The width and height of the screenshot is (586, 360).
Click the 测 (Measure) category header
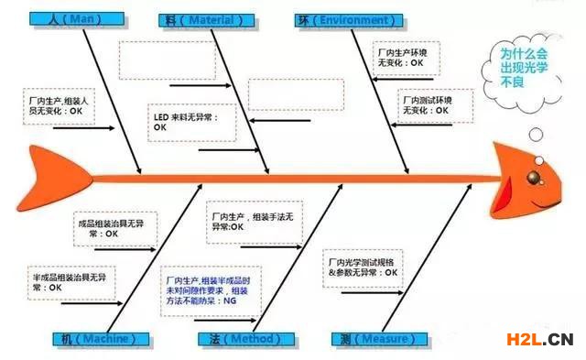click(374, 339)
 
